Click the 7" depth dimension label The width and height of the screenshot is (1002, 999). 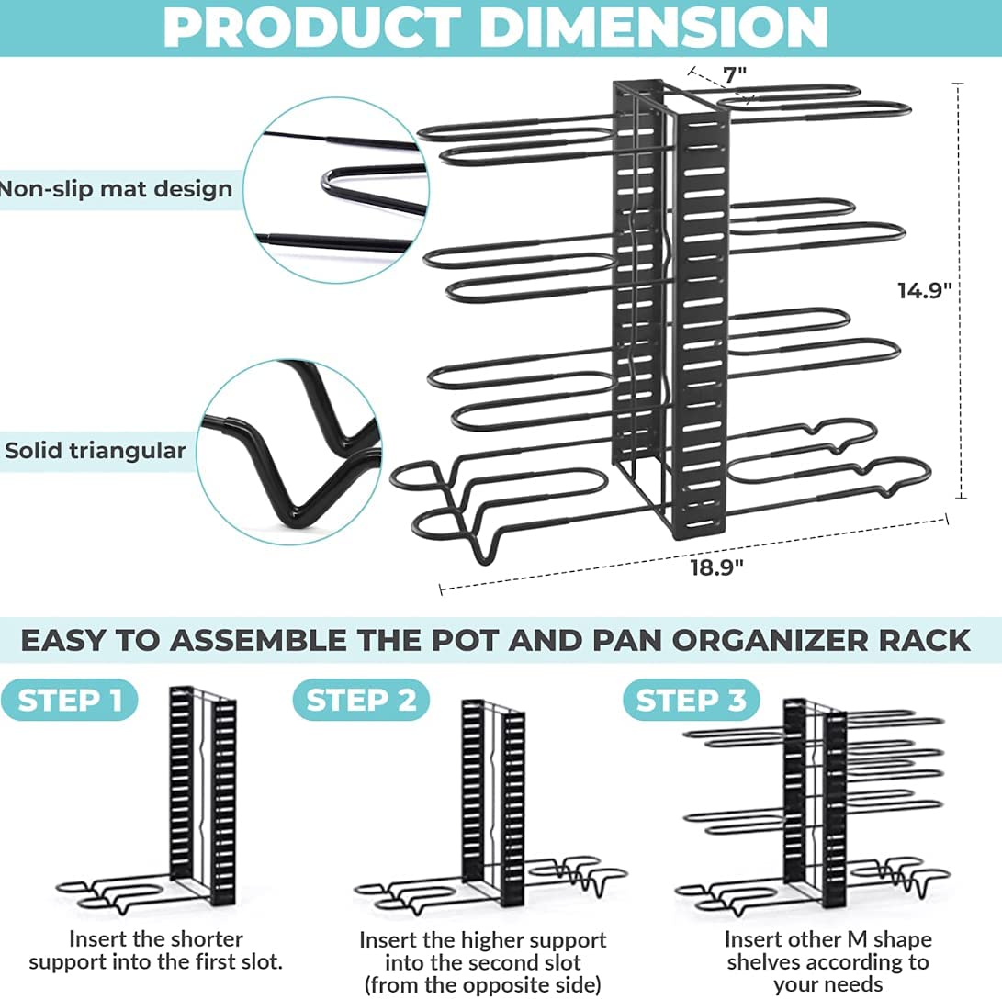tap(734, 74)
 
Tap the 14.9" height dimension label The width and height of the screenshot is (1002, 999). tap(924, 291)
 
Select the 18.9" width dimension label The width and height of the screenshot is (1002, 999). tap(716, 567)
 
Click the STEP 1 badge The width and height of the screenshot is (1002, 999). tap(70, 700)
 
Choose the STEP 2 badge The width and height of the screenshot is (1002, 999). tap(361, 700)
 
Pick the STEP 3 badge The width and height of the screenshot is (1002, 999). tap(691, 700)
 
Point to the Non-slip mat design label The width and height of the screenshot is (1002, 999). tap(116, 189)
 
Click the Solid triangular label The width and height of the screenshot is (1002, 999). tap(95, 450)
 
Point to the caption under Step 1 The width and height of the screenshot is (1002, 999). tap(156, 950)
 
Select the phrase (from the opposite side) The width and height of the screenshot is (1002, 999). tap(482, 984)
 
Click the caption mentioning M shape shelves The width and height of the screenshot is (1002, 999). tap(827, 962)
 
